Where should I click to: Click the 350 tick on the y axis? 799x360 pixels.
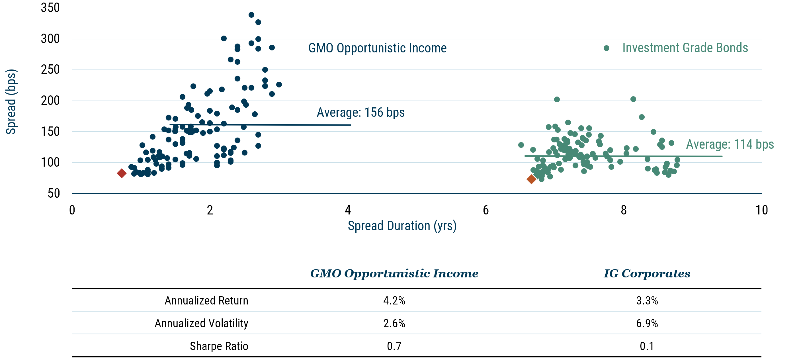pos(50,8)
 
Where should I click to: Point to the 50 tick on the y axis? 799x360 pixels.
pos(54,193)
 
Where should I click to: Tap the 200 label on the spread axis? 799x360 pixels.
pos(50,101)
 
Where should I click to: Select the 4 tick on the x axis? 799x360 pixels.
pos(348,210)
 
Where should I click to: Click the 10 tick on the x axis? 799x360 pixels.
pos(761,210)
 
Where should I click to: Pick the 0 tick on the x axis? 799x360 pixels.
pos(72,210)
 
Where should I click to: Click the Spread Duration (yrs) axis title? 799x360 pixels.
pos(402,226)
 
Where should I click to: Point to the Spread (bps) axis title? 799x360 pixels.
pos(11,101)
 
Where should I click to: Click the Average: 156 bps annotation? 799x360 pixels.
pos(360,112)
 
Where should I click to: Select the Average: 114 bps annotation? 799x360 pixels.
pos(730,144)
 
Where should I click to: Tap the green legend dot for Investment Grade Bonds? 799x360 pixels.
pos(607,48)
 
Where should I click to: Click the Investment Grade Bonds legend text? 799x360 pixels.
pos(685,48)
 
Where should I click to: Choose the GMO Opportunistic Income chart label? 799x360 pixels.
pos(377,48)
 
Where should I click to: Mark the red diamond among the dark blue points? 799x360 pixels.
pos(122,173)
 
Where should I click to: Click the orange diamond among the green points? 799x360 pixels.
pos(531,179)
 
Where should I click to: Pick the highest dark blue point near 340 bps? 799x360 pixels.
pos(251,15)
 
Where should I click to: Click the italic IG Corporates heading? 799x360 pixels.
pos(647,273)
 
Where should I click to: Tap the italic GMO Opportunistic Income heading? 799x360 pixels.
pos(394,273)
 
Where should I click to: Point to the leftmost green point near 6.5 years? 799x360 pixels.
pos(521,145)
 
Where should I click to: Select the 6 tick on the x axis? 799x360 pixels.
pos(486,210)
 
